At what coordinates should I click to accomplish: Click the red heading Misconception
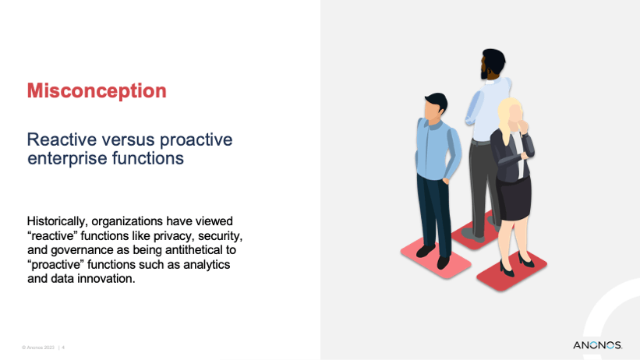click(x=97, y=91)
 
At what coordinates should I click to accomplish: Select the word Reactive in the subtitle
click(x=62, y=139)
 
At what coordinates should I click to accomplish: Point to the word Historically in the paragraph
click(x=57, y=221)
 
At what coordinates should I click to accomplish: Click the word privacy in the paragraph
click(x=172, y=236)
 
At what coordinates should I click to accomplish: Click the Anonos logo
click(x=598, y=345)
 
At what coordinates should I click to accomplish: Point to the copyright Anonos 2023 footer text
click(x=38, y=348)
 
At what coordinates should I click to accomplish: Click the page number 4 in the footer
click(x=63, y=348)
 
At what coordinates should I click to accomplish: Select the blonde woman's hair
click(x=507, y=117)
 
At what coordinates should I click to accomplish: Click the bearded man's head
click(x=493, y=64)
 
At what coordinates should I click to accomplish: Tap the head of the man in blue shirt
click(x=435, y=107)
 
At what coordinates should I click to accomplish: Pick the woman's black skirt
click(x=514, y=199)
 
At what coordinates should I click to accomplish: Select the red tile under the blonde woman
click(x=512, y=270)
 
